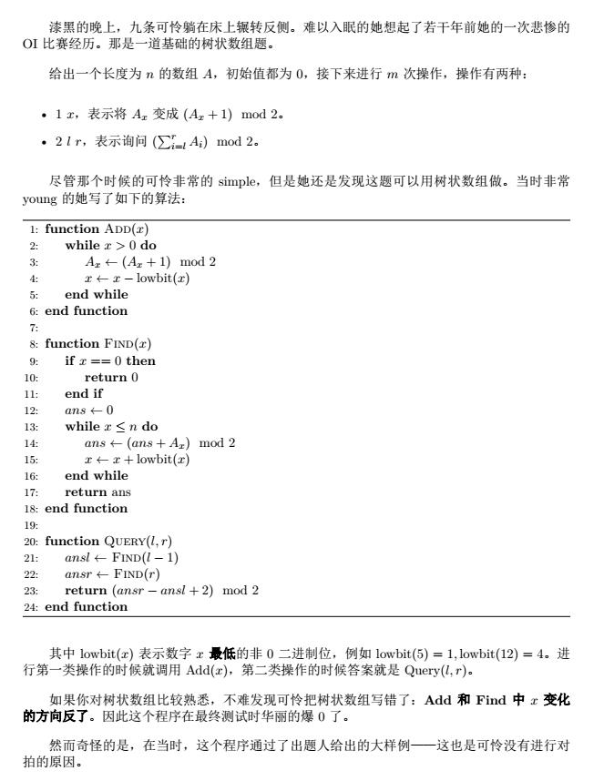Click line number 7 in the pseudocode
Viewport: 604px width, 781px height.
(34, 328)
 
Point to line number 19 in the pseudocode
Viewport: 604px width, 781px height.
(32, 524)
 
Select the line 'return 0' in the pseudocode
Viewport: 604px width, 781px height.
(111, 377)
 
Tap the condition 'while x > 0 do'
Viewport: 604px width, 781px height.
(111, 246)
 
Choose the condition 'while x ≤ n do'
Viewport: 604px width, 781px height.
(111, 426)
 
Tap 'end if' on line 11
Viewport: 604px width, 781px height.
(84, 393)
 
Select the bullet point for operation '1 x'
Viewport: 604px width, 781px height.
(46, 114)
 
